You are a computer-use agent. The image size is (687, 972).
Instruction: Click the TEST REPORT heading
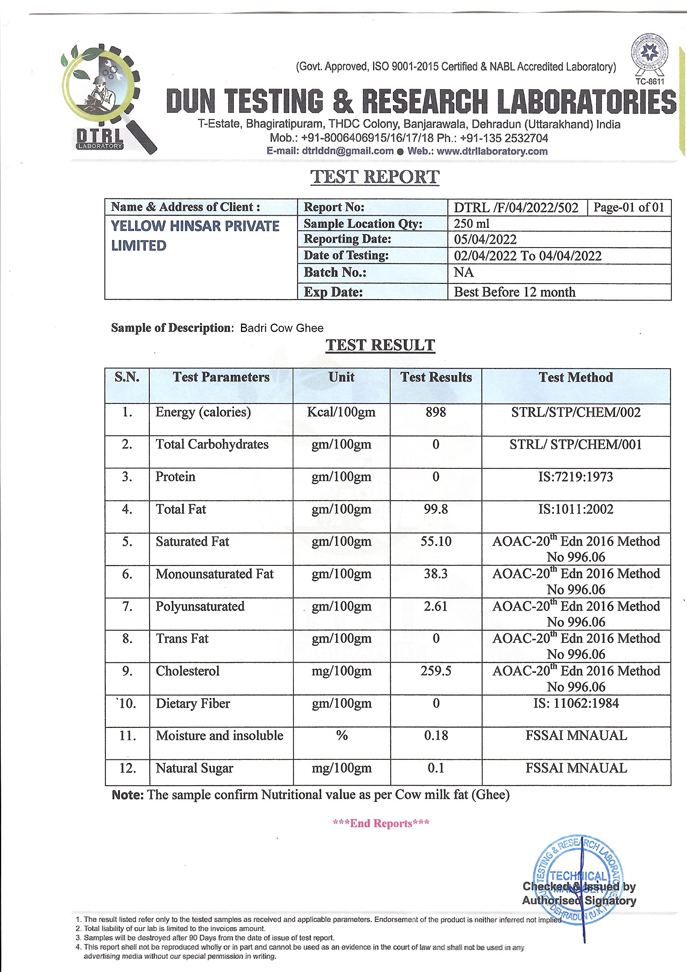coord(375,177)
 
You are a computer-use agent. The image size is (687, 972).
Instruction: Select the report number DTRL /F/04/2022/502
coord(516,207)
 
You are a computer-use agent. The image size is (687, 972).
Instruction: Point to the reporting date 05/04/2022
coord(485,240)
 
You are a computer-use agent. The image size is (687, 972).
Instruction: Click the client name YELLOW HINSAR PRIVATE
coord(195,226)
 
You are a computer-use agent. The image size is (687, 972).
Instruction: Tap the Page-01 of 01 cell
coord(629,207)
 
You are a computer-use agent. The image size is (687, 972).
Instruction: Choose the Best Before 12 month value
coord(514,292)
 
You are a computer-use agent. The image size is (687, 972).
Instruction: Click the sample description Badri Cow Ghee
coord(282,328)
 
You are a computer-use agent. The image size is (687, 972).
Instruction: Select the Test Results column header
coord(436,377)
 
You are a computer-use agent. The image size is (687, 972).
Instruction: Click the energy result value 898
coord(436,412)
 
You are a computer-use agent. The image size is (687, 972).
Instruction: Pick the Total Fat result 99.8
coord(436,509)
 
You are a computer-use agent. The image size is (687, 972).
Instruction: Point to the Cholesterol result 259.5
coord(436,671)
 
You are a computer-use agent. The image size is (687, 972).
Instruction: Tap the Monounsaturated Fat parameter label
coord(214,574)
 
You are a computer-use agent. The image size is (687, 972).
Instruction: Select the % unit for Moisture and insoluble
coord(342,735)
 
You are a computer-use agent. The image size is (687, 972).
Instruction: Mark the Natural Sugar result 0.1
coord(436,768)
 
